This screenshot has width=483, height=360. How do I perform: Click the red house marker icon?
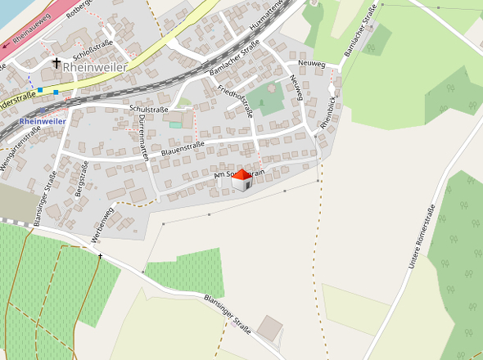point(241,181)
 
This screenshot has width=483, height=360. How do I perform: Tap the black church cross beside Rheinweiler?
point(56,63)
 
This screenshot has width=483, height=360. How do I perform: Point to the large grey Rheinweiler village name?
point(99,67)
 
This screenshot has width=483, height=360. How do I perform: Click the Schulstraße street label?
point(149,109)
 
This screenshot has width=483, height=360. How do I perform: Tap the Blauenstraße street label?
point(182,149)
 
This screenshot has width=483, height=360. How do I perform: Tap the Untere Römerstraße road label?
point(420,237)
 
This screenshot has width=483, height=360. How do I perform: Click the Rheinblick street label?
point(329,115)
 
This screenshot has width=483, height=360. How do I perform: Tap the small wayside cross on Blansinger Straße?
point(101,257)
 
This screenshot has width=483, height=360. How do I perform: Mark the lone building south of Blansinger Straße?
point(270,328)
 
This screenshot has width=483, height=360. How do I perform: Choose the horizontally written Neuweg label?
point(312,63)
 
